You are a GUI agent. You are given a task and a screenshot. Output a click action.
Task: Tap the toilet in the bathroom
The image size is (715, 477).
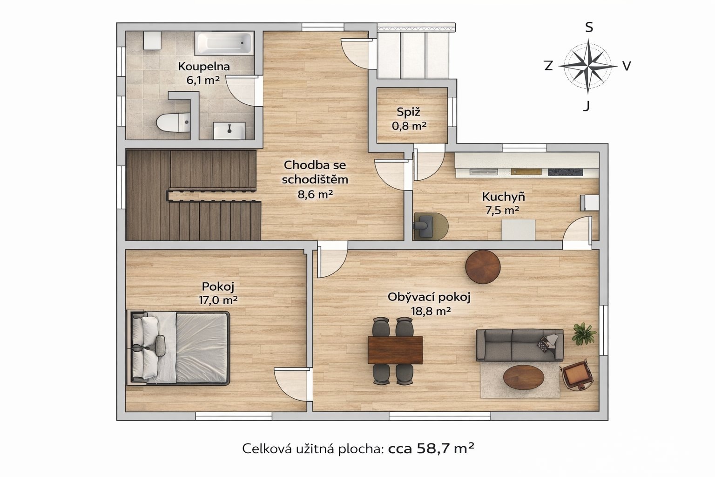coord(173,122)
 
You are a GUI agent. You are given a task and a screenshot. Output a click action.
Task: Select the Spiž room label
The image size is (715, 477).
coord(408,112)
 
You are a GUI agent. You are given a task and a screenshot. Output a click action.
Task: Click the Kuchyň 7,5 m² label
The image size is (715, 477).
coord(503,204)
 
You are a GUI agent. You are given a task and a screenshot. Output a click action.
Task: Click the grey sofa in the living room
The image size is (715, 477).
coord(519,345)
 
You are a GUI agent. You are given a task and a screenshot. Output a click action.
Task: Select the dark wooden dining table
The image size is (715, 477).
coord(395,350)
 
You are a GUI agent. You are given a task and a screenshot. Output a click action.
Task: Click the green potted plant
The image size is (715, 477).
coord(584,333)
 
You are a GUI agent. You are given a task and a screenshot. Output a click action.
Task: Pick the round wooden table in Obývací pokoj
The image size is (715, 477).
coord(483,266)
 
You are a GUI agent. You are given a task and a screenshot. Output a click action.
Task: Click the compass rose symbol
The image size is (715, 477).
coord(588,66)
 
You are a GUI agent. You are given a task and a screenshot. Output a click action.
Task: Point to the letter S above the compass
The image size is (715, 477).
coord(589,28)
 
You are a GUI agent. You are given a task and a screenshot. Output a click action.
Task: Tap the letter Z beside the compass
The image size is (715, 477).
coord(548,66)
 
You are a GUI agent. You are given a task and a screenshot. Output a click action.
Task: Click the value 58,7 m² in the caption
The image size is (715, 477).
coord(445,448)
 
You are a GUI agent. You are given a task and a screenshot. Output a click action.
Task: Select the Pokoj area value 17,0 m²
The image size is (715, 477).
coord(218,300)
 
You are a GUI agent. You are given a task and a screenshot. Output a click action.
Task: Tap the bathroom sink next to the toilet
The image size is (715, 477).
coord(229,131)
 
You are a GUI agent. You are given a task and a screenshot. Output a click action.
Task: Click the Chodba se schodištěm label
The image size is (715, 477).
coord(315,172)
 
